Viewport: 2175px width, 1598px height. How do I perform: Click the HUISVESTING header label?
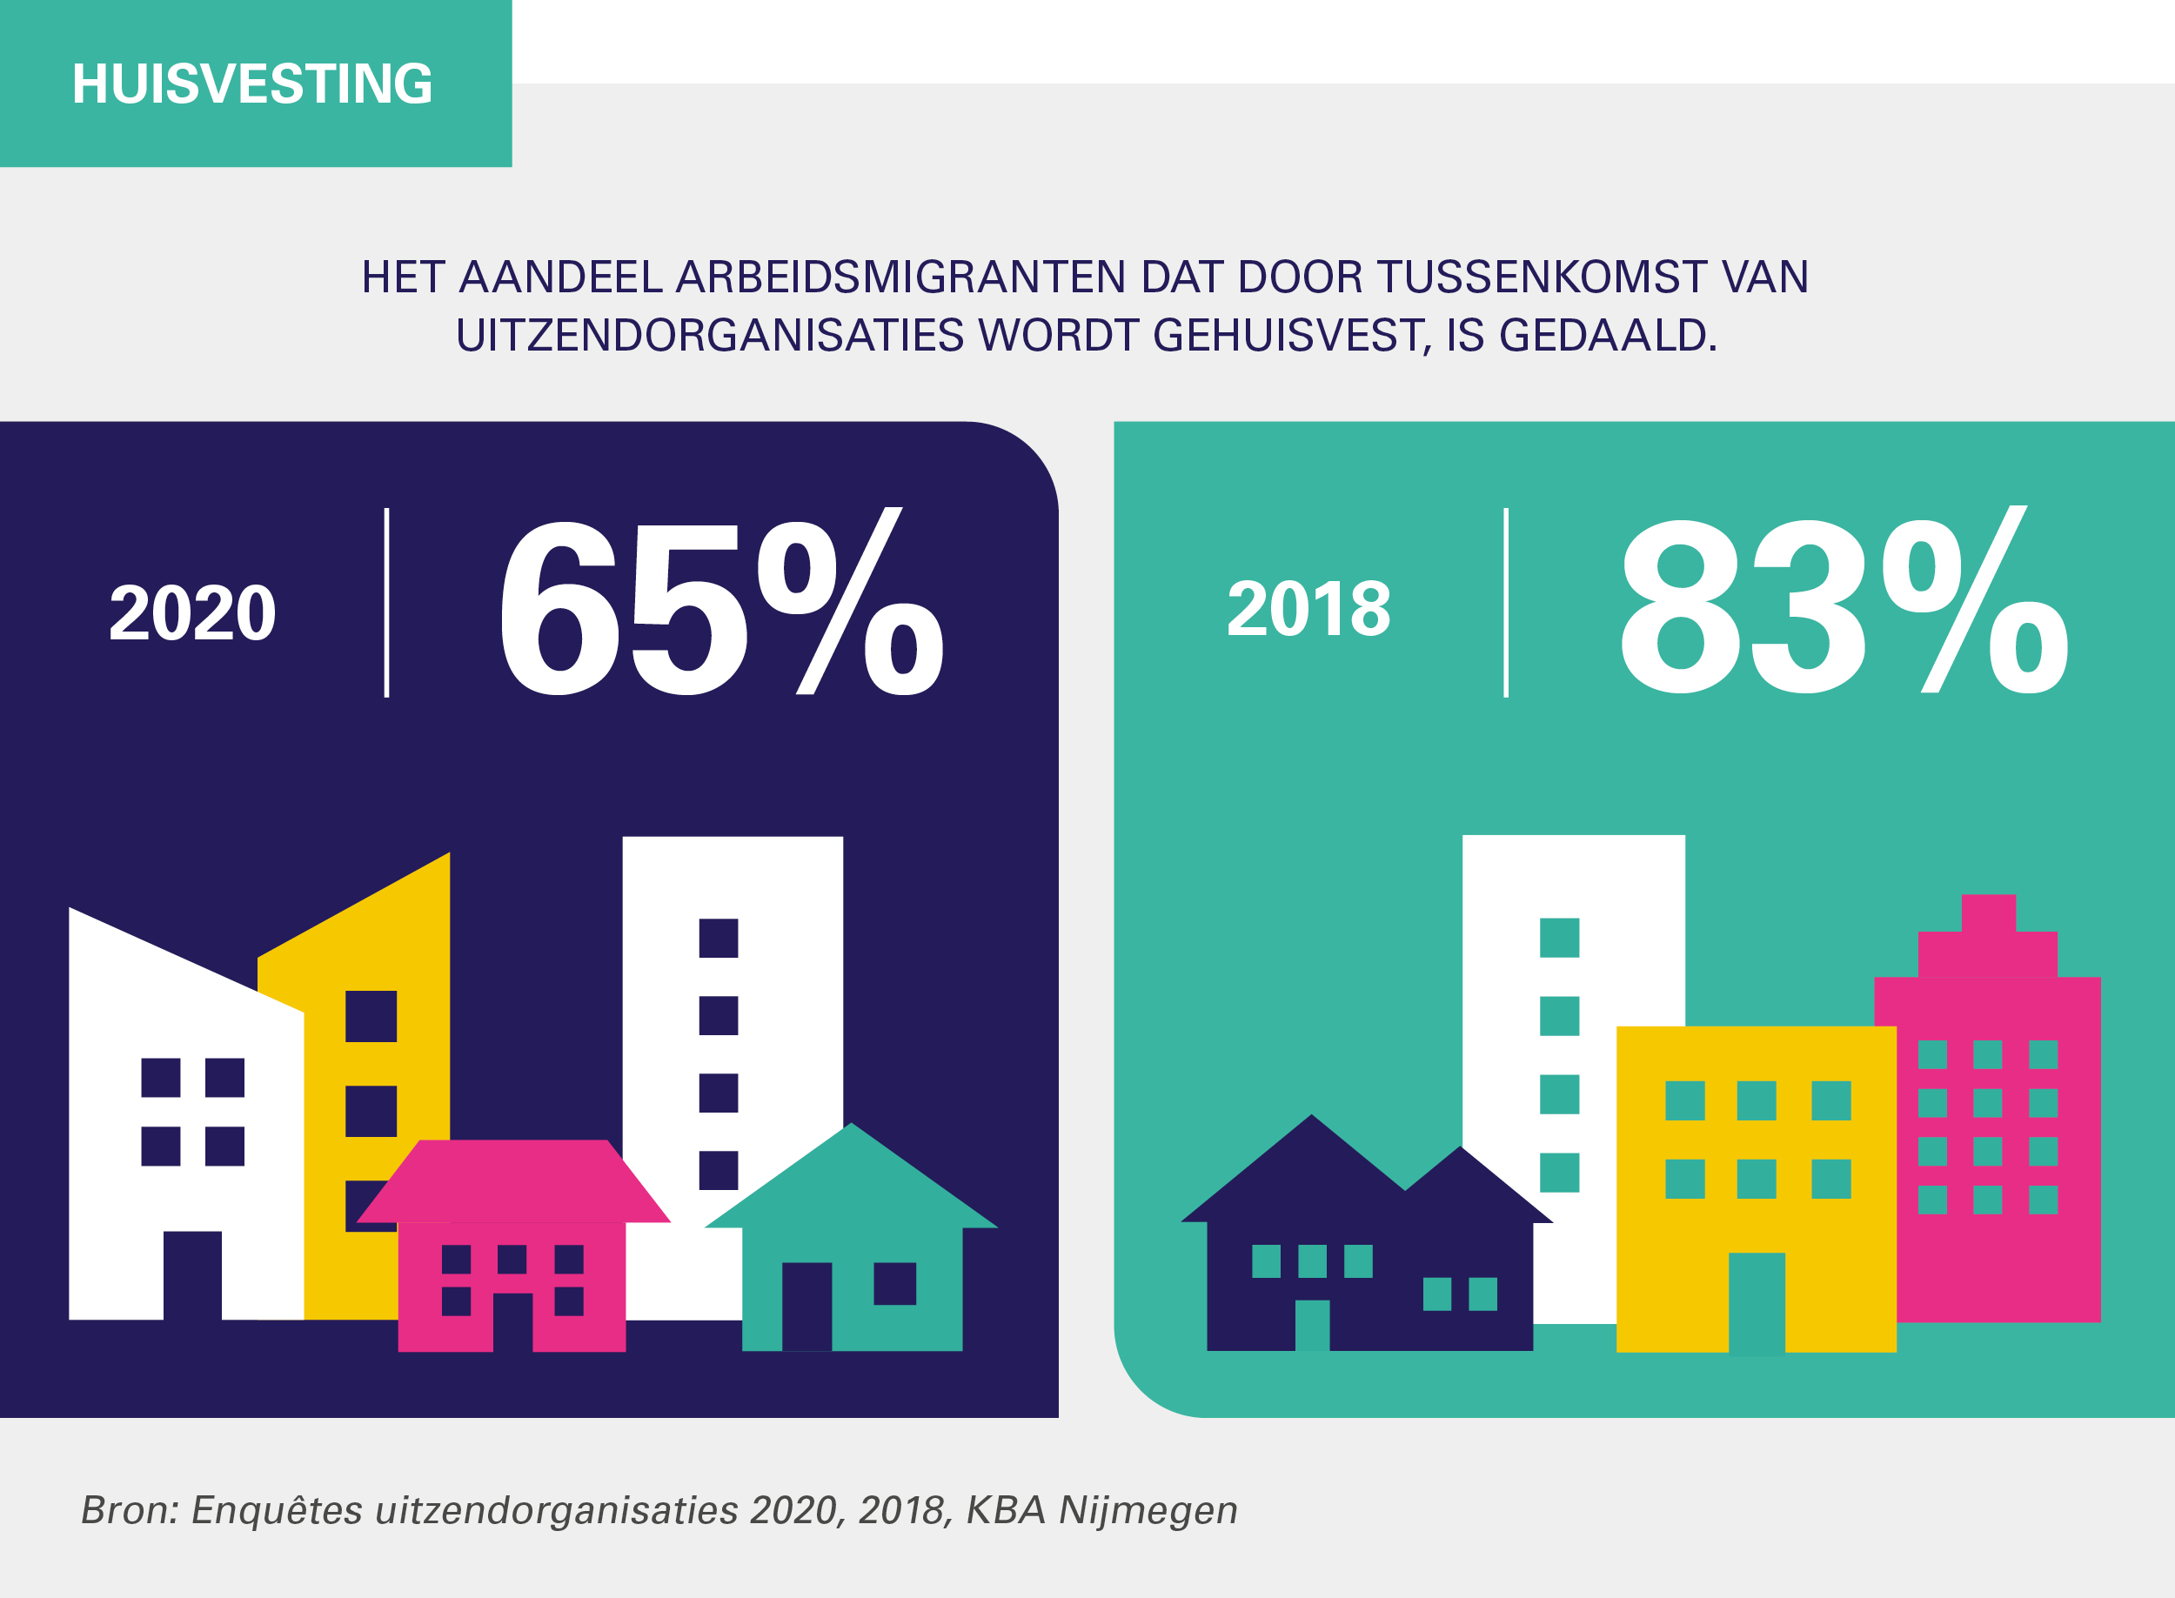252,84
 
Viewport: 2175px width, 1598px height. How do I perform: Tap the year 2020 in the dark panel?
192,612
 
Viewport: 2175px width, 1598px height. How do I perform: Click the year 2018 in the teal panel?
1308,608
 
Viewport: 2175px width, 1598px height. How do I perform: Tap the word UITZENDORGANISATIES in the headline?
709,336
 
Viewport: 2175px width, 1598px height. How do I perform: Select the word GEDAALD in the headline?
1607,336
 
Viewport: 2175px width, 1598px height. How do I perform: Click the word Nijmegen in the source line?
1148,1510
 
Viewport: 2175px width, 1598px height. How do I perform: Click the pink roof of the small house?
512,1180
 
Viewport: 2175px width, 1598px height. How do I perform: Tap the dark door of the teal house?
806,1306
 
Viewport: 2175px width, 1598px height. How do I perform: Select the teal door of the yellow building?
1756,1302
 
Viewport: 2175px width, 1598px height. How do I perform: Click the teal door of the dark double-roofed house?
1312,1324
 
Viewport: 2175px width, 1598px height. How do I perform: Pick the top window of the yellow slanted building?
371,1016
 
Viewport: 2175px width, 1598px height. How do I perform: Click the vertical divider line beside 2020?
387,602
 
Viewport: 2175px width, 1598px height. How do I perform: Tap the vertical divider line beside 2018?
1505,602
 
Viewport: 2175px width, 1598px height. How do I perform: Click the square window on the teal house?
894,1284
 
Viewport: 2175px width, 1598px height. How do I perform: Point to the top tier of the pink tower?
1988,913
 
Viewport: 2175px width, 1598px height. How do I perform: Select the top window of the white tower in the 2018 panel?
1559,938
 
